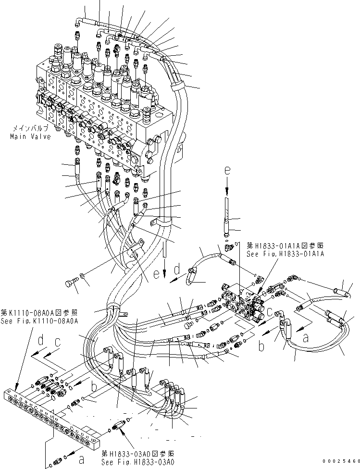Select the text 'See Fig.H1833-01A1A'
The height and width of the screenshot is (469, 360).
click(285, 253)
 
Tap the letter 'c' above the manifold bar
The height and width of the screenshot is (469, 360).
click(58, 343)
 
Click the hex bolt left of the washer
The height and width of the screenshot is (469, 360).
click(71, 284)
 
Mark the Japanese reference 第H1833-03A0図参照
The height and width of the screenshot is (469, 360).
click(138, 454)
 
